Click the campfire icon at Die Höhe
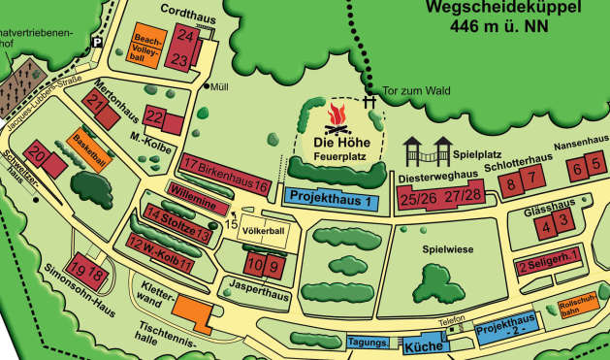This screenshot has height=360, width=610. pos(337,119)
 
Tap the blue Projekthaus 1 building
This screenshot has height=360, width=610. pos(331,199)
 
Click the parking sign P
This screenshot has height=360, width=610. pos(96,40)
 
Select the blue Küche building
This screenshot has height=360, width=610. pos(424,346)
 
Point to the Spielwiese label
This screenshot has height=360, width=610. pos(447,249)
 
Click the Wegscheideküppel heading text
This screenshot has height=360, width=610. pos(502,10)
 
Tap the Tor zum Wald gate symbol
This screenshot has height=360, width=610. pos(369,101)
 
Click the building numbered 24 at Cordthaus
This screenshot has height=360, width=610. pos(188,36)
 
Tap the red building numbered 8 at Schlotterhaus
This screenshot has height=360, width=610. pos(533,178)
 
